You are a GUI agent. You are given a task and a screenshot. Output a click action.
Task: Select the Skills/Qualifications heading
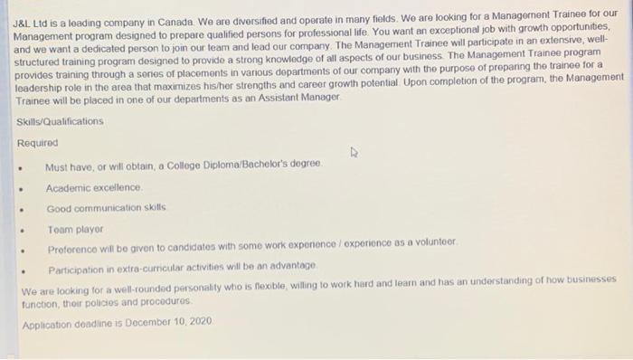(60, 121)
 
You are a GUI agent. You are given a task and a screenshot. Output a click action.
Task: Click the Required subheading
(37, 143)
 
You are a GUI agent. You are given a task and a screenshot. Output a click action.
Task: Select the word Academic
(69, 187)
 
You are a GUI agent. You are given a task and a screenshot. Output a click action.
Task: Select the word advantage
(291, 265)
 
